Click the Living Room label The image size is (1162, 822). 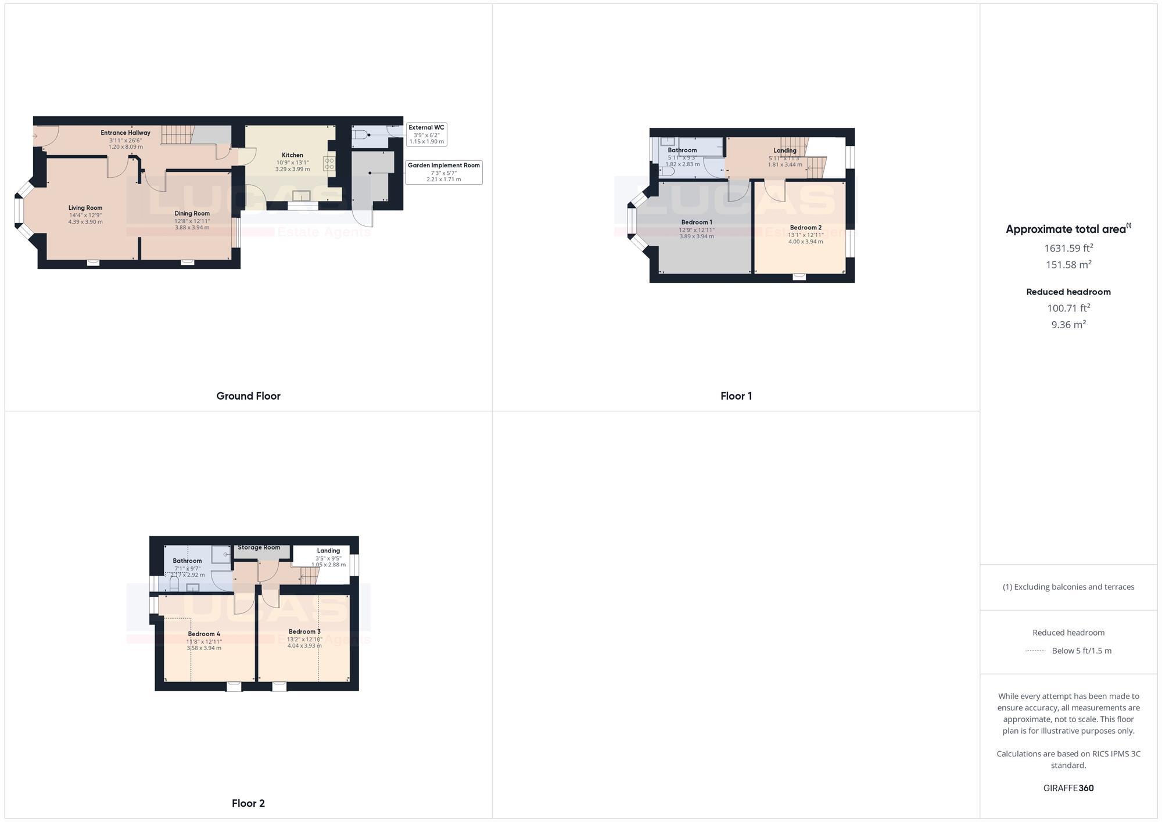point(85,208)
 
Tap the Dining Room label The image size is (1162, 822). point(192,214)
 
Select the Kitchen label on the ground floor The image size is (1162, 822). point(292,155)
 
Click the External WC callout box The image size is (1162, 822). point(426,134)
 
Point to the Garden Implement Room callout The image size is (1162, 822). point(443,172)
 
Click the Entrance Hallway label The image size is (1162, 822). point(125,133)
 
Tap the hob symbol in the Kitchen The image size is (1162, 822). point(329,163)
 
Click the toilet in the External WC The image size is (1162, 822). point(360,135)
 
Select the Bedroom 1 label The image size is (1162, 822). point(697,222)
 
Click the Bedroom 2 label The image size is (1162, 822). point(805,228)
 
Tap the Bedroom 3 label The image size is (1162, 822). point(304,631)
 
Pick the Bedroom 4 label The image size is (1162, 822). point(204,634)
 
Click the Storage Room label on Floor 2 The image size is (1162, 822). point(259,547)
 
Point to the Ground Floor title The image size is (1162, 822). point(248,396)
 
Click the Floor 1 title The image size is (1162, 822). point(736,396)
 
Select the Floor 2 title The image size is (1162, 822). point(248,803)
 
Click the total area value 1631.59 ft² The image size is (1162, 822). point(1068,248)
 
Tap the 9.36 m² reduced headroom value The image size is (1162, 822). point(1068,325)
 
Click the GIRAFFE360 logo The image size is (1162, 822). point(1068,788)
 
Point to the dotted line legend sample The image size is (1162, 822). point(1035,651)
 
